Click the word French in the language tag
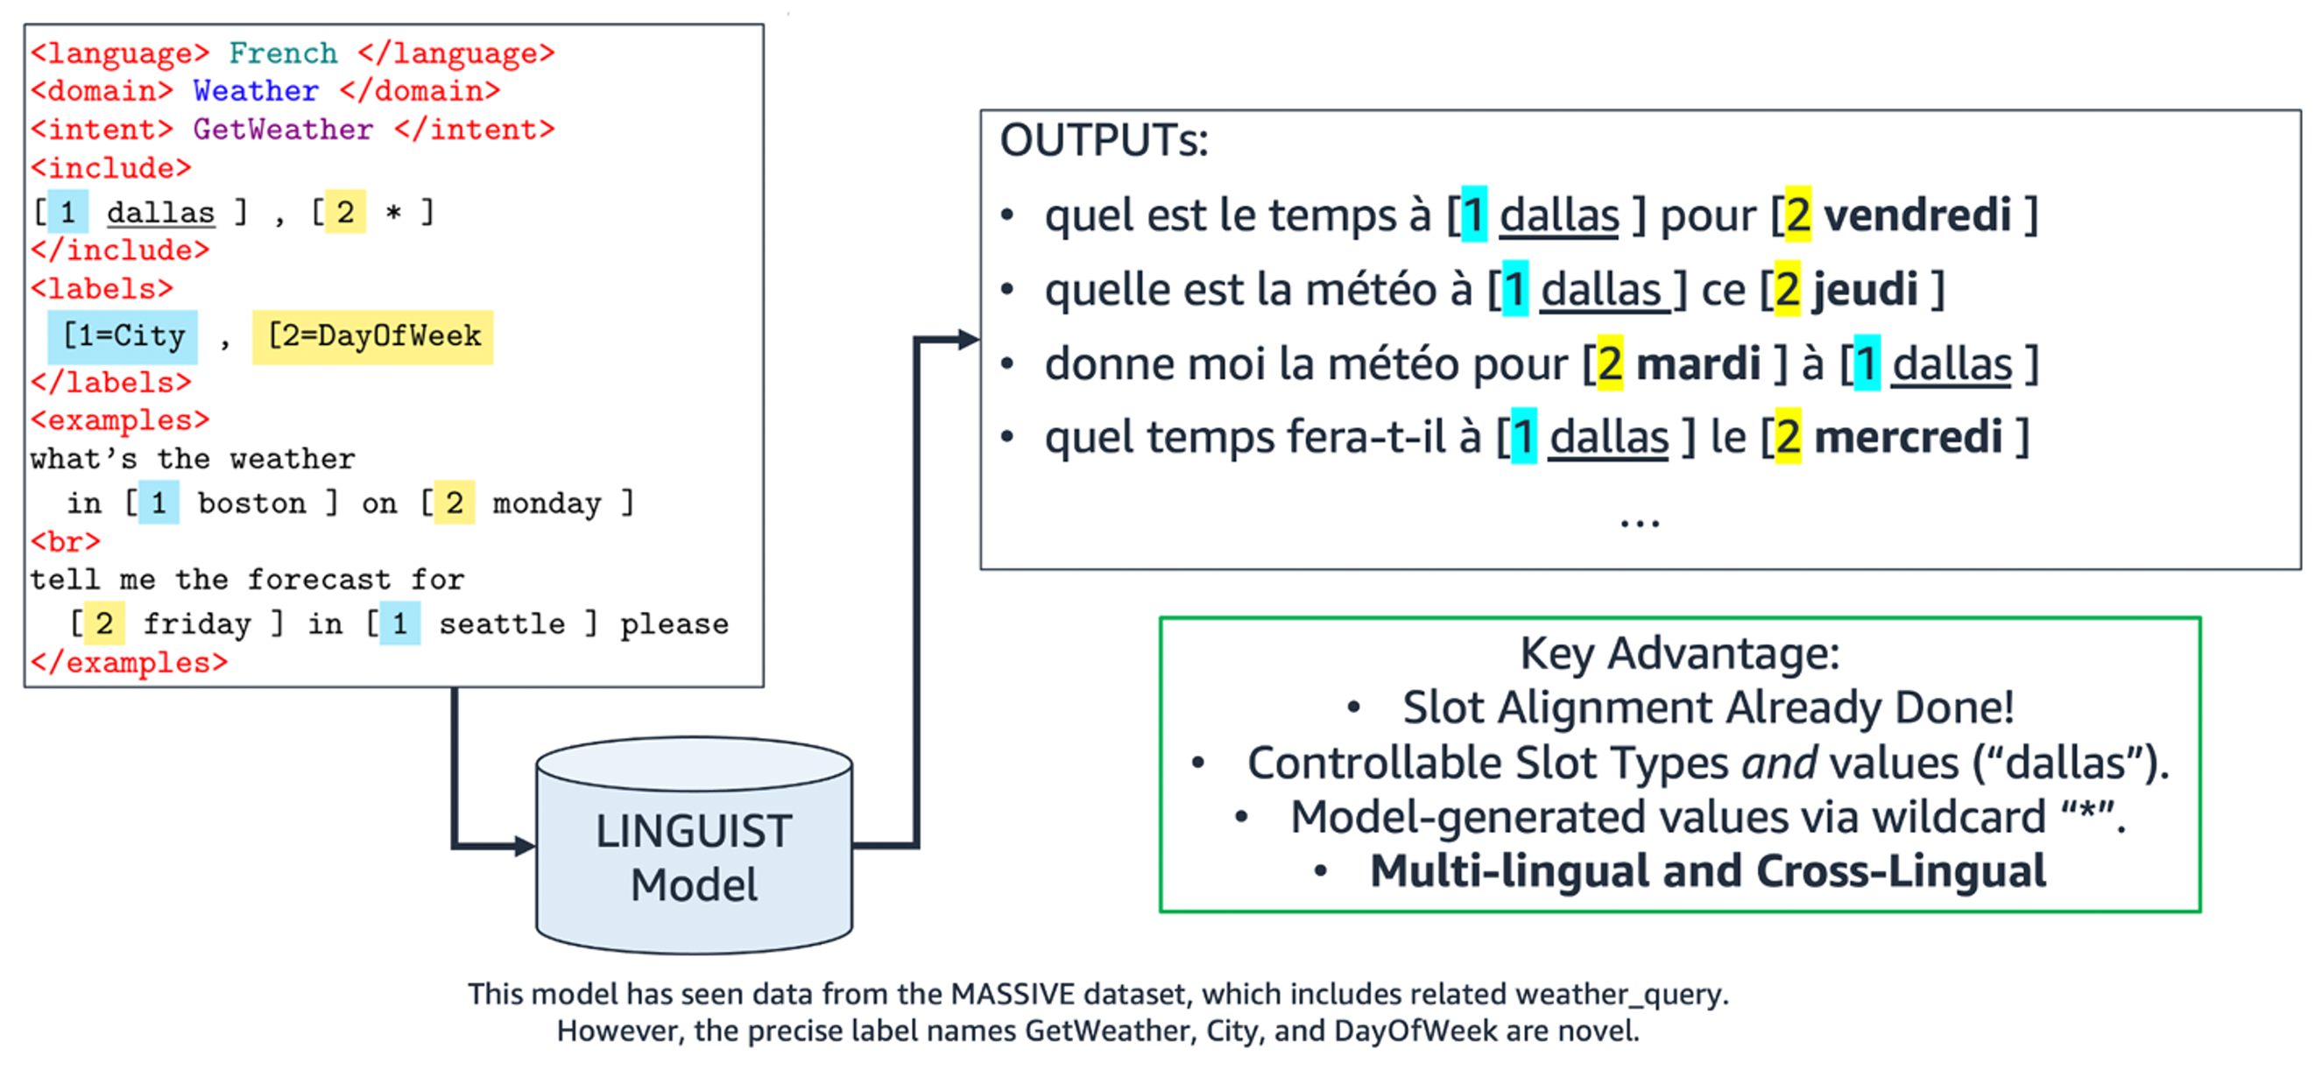283,53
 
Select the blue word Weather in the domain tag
256,91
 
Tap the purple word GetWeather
283,130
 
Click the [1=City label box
124,336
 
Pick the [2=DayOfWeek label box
373,336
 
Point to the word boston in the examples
251,503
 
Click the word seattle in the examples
502,623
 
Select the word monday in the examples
547,503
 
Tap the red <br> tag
65,542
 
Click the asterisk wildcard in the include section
392,213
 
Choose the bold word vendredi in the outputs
1916,215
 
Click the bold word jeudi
1865,289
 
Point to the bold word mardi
1697,364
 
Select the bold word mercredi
1908,438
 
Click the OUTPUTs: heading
1104,141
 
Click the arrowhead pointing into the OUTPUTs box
968,340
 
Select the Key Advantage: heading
1679,653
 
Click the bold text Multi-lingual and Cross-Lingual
1707,871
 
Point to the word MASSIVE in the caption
1012,995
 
